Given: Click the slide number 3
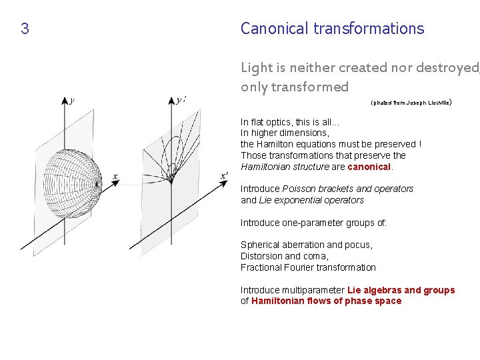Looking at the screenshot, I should point(25,29).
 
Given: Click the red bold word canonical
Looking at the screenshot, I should point(370,167).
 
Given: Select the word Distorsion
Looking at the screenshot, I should point(261,256).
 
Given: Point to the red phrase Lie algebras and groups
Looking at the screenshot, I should point(401,290).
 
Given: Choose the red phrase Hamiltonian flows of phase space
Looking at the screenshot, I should point(326,301).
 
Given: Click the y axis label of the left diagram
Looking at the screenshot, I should point(72,100).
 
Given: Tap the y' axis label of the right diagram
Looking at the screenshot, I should point(181,100).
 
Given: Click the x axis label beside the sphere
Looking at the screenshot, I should point(115,177).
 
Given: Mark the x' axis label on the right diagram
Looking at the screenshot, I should point(224,176).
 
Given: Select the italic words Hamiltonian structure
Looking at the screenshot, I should point(285,167).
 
